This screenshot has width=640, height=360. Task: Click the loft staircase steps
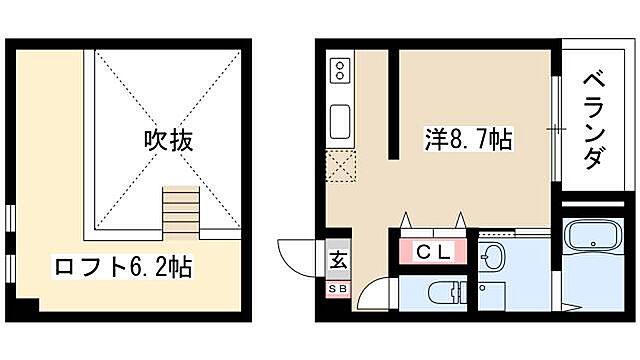[181, 209]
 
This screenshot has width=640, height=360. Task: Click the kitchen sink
[339, 121]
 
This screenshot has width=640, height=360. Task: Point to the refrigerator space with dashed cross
[339, 165]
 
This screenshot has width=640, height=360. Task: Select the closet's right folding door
[460, 221]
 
